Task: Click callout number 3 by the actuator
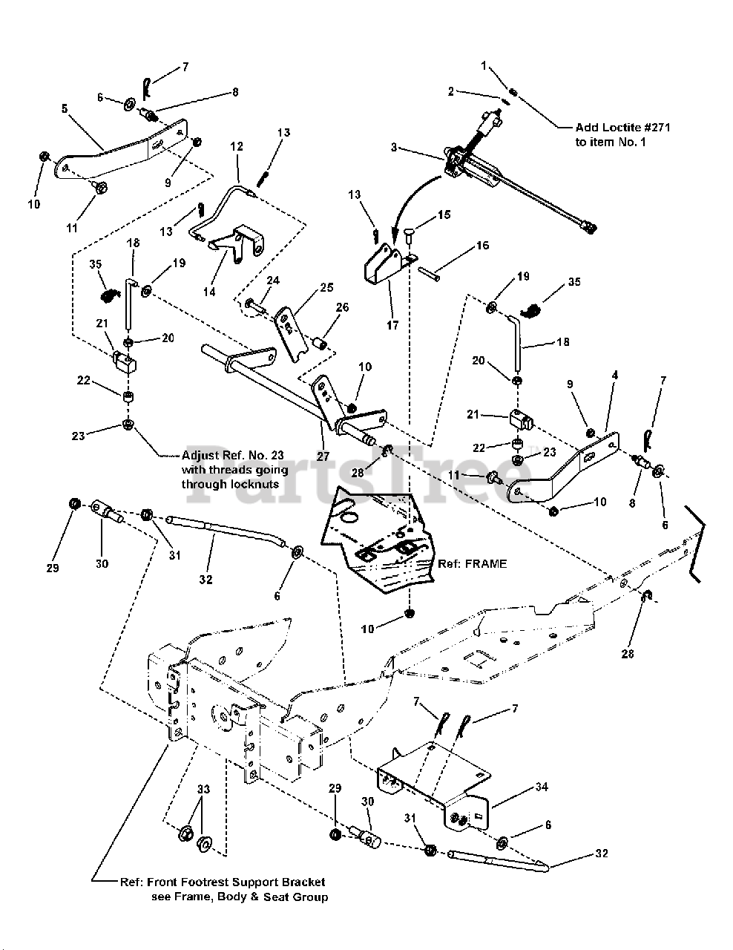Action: coord(395,148)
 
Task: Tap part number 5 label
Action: coord(65,108)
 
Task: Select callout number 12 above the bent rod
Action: coord(237,147)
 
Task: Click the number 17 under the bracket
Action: coord(392,325)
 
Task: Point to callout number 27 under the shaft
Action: coord(323,456)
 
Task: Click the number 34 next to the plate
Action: coord(542,787)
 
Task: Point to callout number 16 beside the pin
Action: coord(482,246)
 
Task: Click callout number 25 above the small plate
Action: coord(327,286)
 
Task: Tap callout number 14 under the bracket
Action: coord(210,292)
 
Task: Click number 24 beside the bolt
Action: coord(273,281)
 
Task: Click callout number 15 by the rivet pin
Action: coord(443,215)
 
